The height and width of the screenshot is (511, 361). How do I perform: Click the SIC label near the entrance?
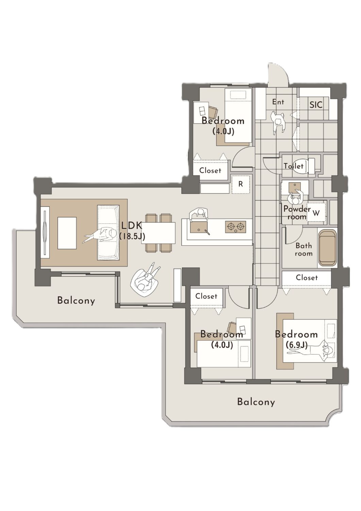316,105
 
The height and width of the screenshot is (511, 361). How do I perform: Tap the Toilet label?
294,166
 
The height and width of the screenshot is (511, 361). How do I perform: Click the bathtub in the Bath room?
328,248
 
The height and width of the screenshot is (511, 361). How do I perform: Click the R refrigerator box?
241,184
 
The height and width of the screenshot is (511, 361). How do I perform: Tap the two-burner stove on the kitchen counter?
235,227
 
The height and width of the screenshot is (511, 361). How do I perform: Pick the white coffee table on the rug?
67,233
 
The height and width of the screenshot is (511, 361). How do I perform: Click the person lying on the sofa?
100,235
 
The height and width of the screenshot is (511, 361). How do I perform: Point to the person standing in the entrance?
278,121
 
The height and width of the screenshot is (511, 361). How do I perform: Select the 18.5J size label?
132,236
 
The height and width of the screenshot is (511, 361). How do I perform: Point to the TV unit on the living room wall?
45,232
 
